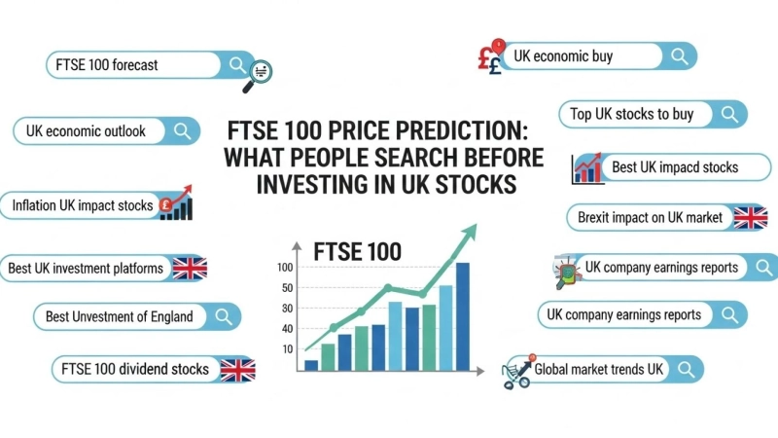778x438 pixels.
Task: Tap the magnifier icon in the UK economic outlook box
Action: click(x=181, y=131)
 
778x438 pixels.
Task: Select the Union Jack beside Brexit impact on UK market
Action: click(x=750, y=217)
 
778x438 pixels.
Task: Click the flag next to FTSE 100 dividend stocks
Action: click(x=236, y=370)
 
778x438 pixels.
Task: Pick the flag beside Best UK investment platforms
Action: click(x=189, y=268)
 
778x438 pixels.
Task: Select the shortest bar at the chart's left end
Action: click(x=311, y=365)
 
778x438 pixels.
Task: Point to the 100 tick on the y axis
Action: click(x=285, y=267)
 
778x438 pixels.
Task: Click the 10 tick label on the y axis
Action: click(x=287, y=348)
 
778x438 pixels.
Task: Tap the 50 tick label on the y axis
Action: click(x=286, y=288)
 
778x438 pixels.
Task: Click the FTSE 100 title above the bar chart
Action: click(x=357, y=251)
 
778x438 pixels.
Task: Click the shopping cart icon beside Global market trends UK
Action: click(x=516, y=372)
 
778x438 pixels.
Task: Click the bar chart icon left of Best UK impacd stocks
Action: click(x=588, y=167)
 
